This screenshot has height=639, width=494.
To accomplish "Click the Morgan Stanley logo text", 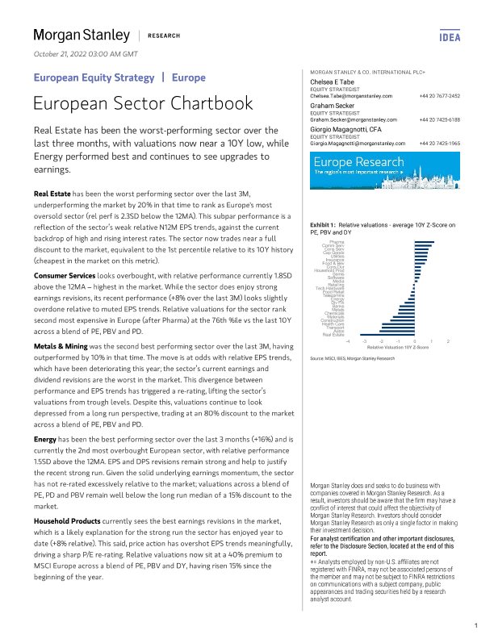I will pyautogui.click(x=81, y=35).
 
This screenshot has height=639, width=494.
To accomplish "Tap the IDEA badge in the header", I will pyautogui.click(x=450, y=36).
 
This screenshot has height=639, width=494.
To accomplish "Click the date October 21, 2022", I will pyautogui.click(x=86, y=54).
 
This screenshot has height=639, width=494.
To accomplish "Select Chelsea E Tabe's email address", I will pyautogui.click(x=351, y=96).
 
